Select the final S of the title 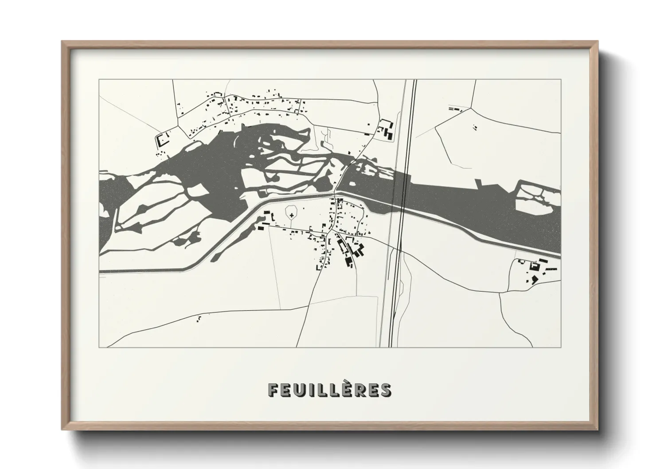click(386, 390)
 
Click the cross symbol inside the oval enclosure click(292, 215)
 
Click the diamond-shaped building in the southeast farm click(534, 279)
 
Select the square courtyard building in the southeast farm click(534, 266)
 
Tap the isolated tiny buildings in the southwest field click(199, 317)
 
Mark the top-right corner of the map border click(561, 80)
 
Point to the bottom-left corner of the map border click(99, 347)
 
